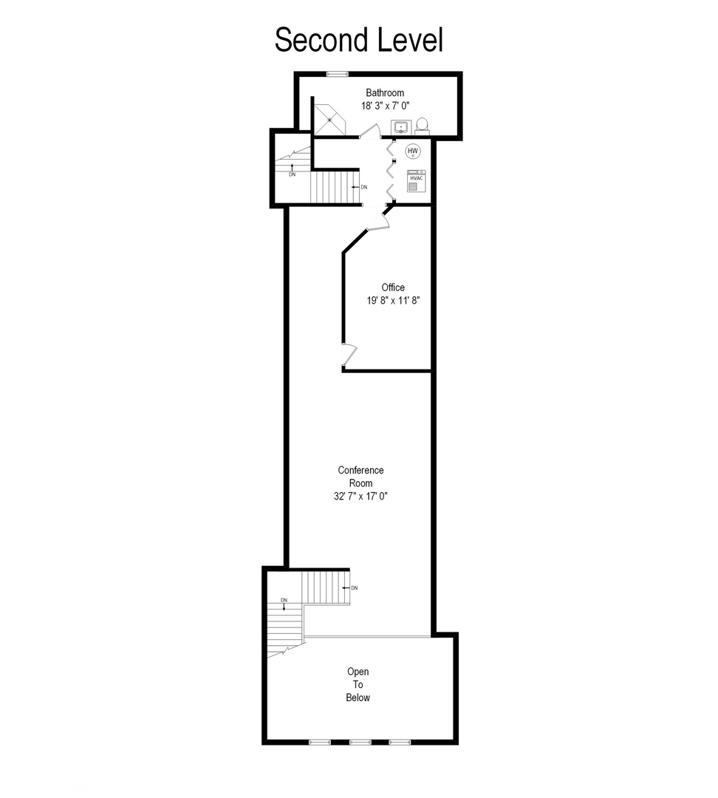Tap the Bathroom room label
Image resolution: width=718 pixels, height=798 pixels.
385,93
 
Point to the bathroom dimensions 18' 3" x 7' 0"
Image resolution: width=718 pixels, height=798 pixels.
385,106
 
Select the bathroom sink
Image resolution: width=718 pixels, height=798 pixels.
401,128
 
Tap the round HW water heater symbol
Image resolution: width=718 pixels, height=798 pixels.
413,151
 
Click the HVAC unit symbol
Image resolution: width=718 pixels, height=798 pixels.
415,181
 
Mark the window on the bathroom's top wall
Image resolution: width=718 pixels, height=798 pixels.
338,73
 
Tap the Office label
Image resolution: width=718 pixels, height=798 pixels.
393,287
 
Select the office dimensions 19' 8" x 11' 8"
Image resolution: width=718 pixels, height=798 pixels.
393,301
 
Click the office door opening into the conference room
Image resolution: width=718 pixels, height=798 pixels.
348,355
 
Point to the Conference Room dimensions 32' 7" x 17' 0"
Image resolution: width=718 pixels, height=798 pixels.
360,497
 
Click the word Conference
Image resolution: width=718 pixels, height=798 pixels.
360,470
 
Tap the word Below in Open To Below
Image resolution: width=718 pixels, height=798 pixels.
358,698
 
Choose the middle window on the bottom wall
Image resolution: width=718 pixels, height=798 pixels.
360,741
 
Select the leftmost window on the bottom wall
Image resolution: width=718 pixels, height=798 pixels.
320,741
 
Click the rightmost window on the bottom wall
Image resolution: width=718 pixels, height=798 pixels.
400,741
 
